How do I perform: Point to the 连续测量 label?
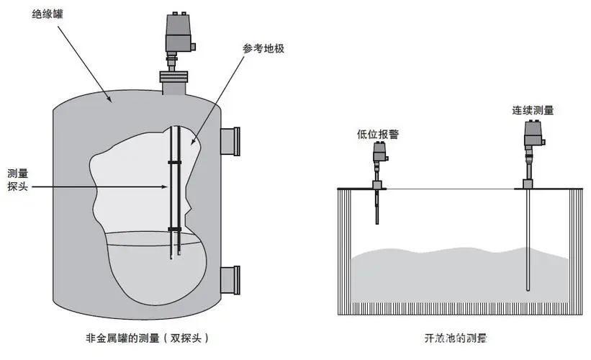[533, 110]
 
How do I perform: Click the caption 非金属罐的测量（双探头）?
[148, 337]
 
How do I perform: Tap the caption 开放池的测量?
[460, 337]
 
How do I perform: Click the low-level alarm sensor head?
[380, 153]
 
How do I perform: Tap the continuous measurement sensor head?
[532, 134]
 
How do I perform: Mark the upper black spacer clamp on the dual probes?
[174, 163]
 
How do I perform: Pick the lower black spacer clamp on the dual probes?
[174, 228]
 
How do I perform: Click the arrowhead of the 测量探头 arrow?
[165, 187]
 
